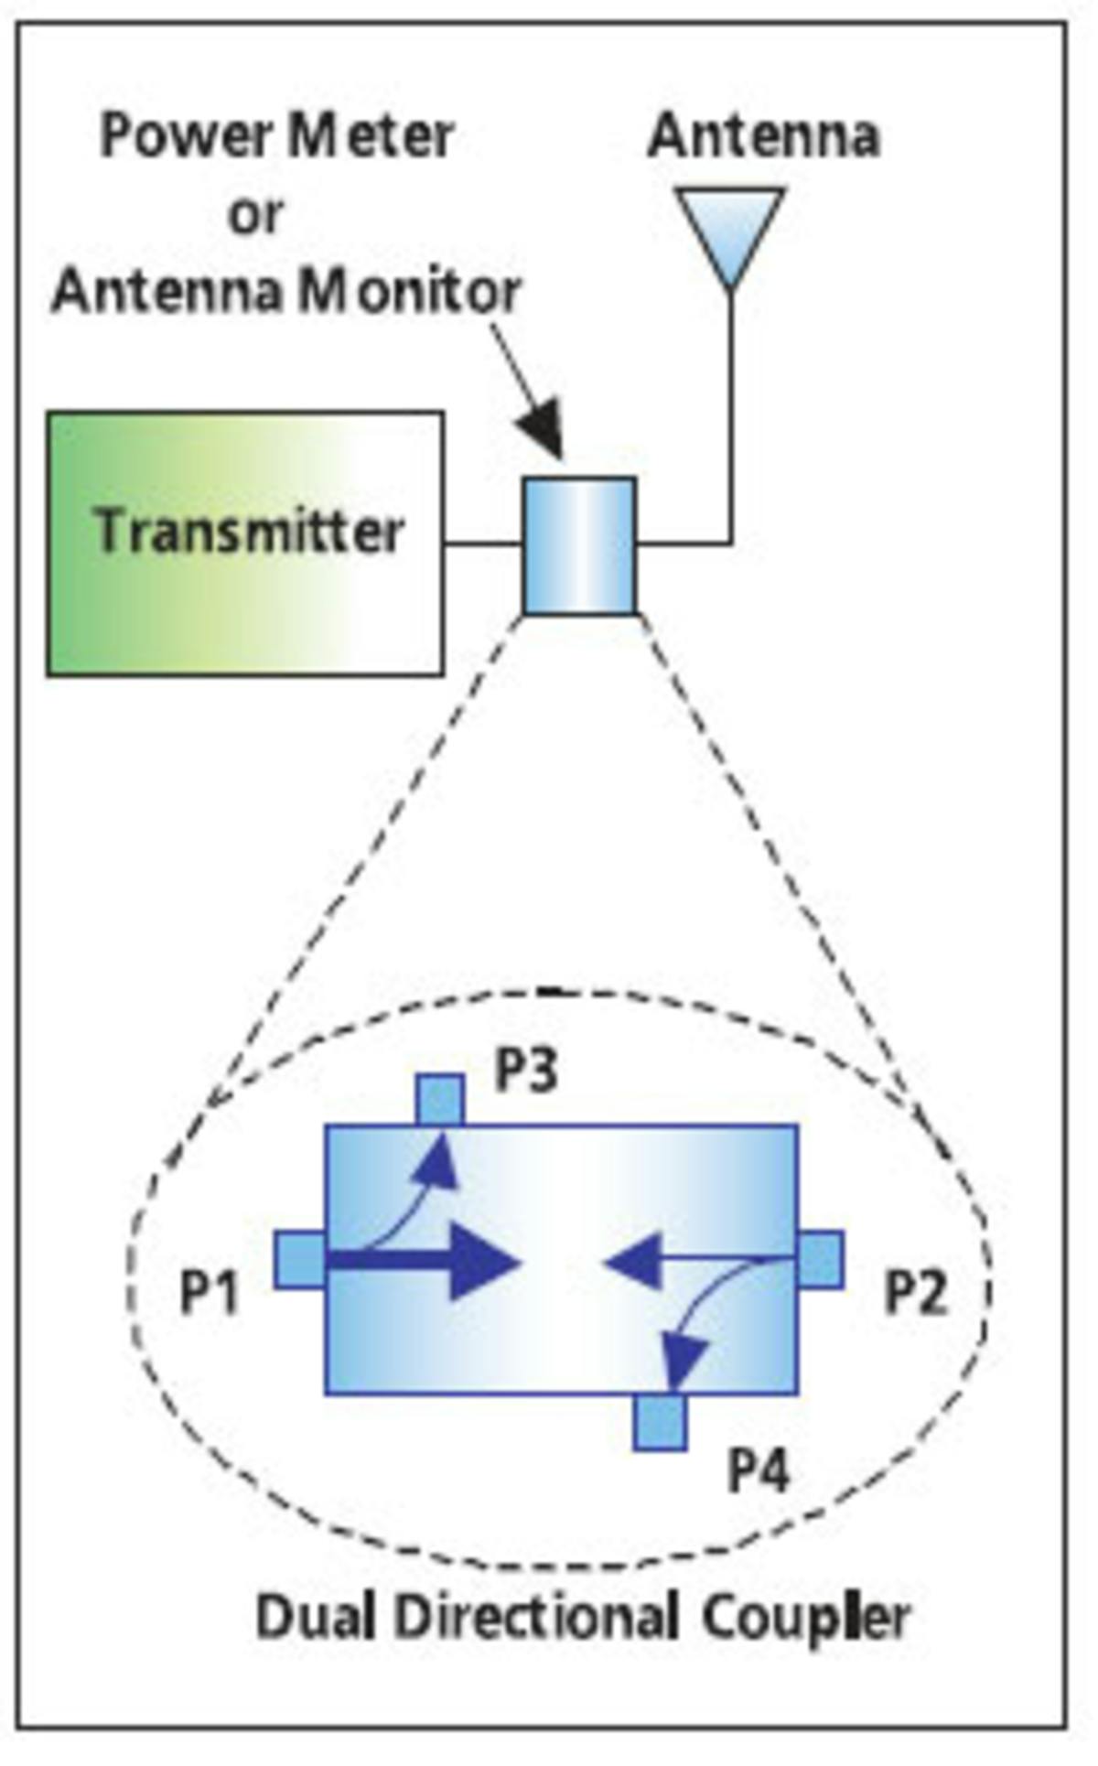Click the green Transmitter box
coord(245,544)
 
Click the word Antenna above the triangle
coord(763,136)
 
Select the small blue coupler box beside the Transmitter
coord(579,544)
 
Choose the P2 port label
coord(915,1294)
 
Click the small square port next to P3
coord(440,1100)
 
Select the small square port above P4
coord(659,1422)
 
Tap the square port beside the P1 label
coord(300,1260)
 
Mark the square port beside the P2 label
coord(821,1260)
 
